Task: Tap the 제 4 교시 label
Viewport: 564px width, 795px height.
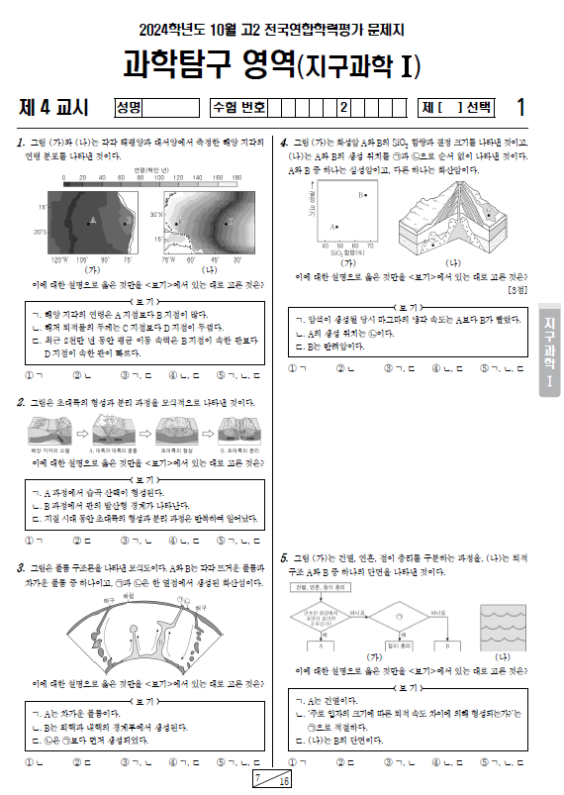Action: pyautogui.click(x=54, y=107)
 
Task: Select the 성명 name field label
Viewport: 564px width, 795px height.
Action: pyautogui.click(x=130, y=107)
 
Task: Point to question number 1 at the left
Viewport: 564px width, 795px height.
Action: pyautogui.click(x=22, y=144)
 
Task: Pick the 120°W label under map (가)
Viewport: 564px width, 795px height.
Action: pyautogui.click(x=57, y=259)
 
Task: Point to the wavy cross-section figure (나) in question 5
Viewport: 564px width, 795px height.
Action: pyautogui.click(x=500, y=621)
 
